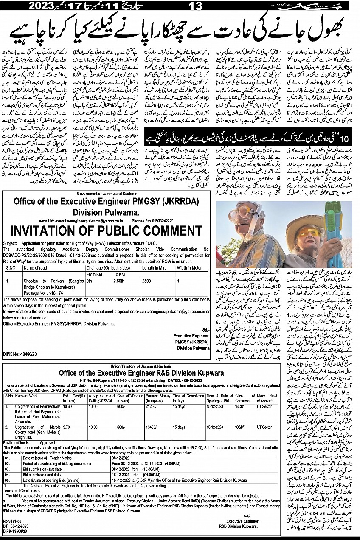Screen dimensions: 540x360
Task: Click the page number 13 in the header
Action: pos(186,6)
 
